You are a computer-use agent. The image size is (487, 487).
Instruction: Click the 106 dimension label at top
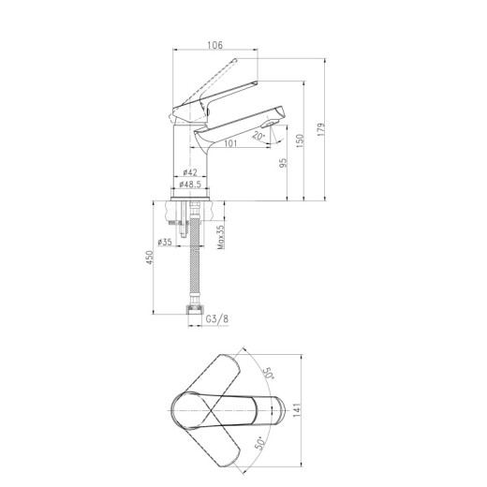pyautogui.click(x=215, y=45)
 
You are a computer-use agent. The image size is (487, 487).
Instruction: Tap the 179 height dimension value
pyautogui.click(x=320, y=129)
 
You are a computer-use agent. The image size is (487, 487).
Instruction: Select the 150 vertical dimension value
pyautogui.click(x=300, y=140)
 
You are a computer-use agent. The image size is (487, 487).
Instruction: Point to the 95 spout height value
pyautogui.click(x=283, y=163)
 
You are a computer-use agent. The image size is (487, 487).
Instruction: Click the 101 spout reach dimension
pyautogui.click(x=230, y=143)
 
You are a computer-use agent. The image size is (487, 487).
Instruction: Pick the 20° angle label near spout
pyautogui.click(x=258, y=136)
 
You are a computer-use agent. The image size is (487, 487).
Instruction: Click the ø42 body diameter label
pyautogui.click(x=190, y=172)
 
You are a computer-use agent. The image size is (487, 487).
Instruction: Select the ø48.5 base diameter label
pyautogui.click(x=190, y=184)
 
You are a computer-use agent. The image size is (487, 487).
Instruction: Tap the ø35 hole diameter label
pyautogui.click(x=165, y=242)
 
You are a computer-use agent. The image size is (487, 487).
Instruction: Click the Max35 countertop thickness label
pyautogui.click(x=221, y=237)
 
